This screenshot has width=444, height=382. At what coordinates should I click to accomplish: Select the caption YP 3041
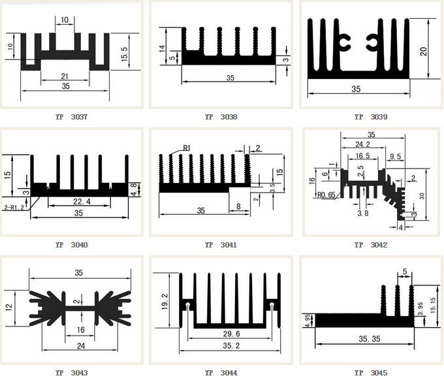[221, 245]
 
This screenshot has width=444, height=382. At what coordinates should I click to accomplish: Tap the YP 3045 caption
[370, 373]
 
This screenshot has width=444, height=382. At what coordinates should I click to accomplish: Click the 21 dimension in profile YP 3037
[65, 76]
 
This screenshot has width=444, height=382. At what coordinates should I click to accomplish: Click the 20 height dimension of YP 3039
[424, 52]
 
